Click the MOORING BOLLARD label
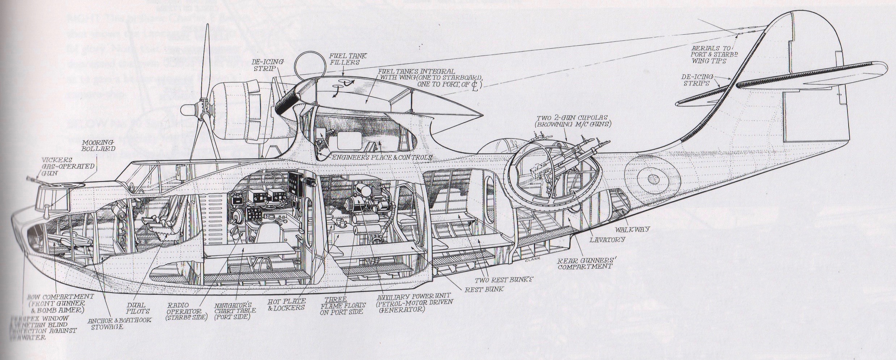[98, 145]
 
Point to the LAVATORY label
[607, 239]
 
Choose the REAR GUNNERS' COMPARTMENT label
[585, 263]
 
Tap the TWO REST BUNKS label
[504, 280]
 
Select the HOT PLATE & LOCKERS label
[286, 304]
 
